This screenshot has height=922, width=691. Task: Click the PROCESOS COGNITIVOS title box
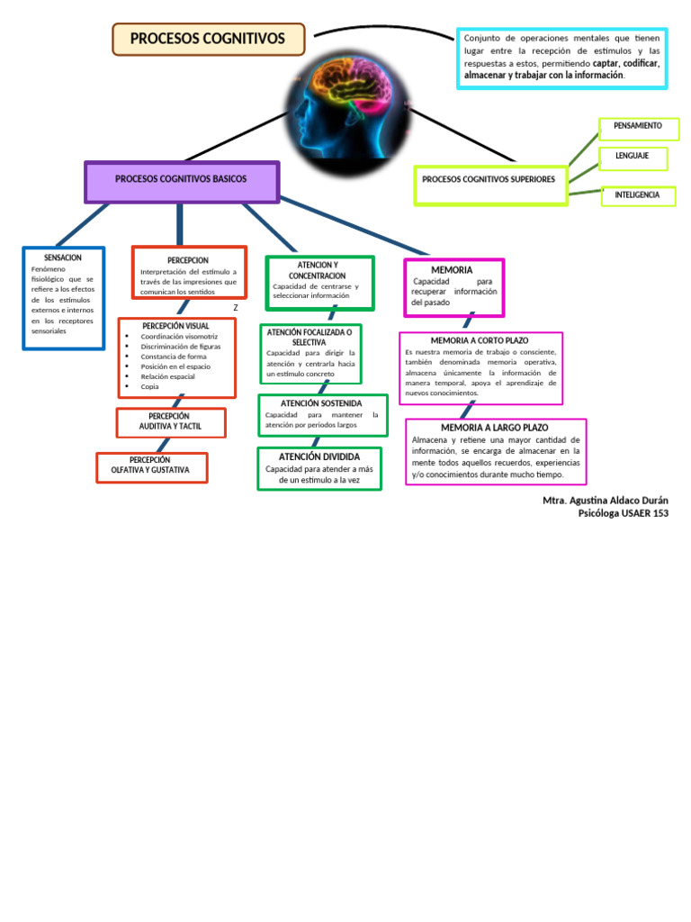[208, 39]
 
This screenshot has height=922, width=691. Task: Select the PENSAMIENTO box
[638, 127]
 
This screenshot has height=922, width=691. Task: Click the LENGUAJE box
[633, 157]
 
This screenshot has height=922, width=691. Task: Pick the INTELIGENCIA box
[637, 195]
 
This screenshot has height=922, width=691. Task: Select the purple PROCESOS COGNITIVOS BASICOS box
[181, 180]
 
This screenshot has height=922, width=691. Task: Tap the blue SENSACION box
[63, 297]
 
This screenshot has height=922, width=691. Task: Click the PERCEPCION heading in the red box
[188, 260]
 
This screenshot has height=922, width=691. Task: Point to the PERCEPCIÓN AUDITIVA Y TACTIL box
[170, 421]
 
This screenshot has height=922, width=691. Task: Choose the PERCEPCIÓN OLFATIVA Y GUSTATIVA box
[151, 466]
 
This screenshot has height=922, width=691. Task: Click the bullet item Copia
[149, 386]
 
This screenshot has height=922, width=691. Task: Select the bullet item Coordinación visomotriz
[179, 337]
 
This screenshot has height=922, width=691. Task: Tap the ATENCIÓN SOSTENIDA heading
[321, 403]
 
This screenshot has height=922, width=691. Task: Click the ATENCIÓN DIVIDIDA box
[319, 468]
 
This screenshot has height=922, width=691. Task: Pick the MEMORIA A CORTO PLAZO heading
[480, 340]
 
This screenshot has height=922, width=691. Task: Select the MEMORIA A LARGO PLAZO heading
[494, 428]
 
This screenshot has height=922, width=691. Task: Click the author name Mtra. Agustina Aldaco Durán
[606, 501]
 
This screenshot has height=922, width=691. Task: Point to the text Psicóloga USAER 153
[623, 514]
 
